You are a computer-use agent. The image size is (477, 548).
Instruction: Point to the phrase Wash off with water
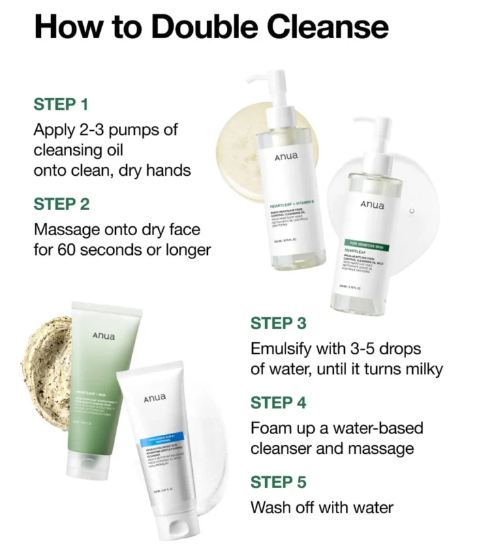322,508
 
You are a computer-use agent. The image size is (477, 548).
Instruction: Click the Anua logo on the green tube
104,336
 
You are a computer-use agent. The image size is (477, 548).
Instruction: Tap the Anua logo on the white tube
155,398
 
